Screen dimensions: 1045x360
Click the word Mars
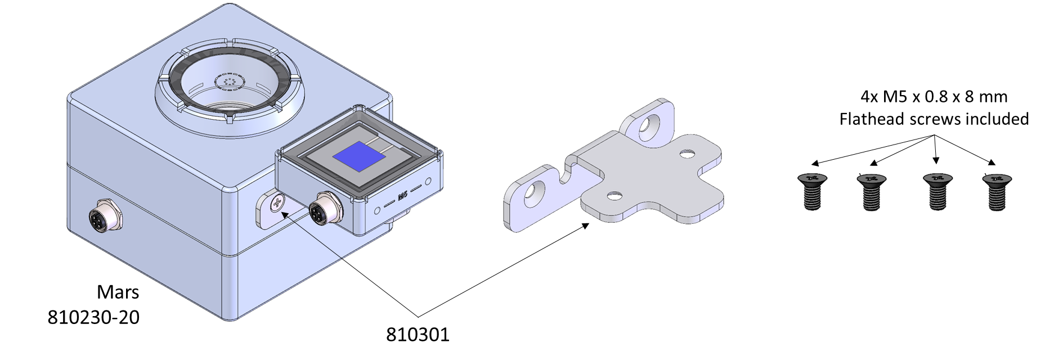[x=118, y=292]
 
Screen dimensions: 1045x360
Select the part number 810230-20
[x=93, y=318]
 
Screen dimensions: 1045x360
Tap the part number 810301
[x=418, y=335]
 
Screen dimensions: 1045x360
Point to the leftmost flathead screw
[x=812, y=191]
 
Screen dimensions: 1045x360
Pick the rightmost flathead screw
[x=997, y=192]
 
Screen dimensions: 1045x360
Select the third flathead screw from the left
[x=937, y=192]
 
